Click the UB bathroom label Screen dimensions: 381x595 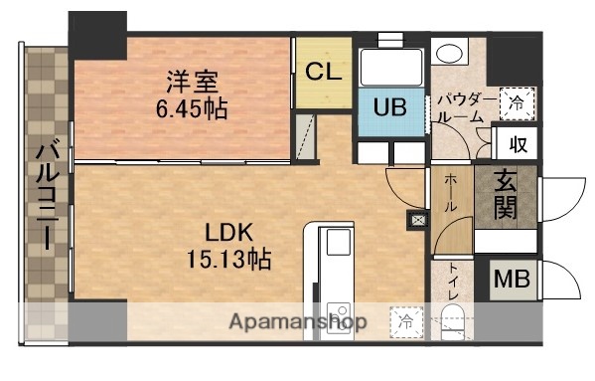click(x=390, y=108)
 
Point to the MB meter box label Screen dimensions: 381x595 click(x=514, y=279)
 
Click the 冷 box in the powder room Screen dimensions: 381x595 click(x=517, y=99)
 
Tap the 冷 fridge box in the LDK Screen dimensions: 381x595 click(x=406, y=321)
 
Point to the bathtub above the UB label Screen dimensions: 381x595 click(x=389, y=67)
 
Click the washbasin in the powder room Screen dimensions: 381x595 click(x=452, y=52)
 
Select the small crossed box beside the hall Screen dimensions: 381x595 click(x=415, y=221)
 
